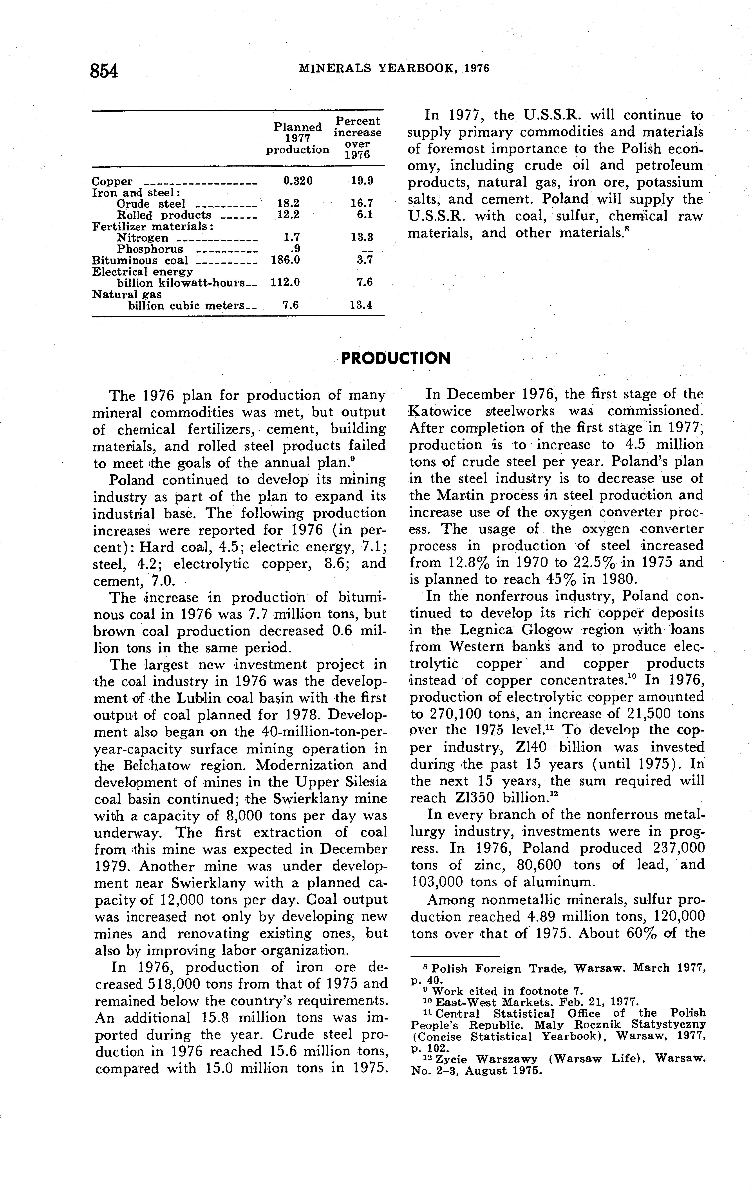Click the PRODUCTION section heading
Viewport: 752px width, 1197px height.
396,358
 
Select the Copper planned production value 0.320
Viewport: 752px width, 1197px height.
298,181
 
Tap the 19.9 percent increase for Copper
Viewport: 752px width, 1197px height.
362,181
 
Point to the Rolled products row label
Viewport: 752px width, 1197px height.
164,215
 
